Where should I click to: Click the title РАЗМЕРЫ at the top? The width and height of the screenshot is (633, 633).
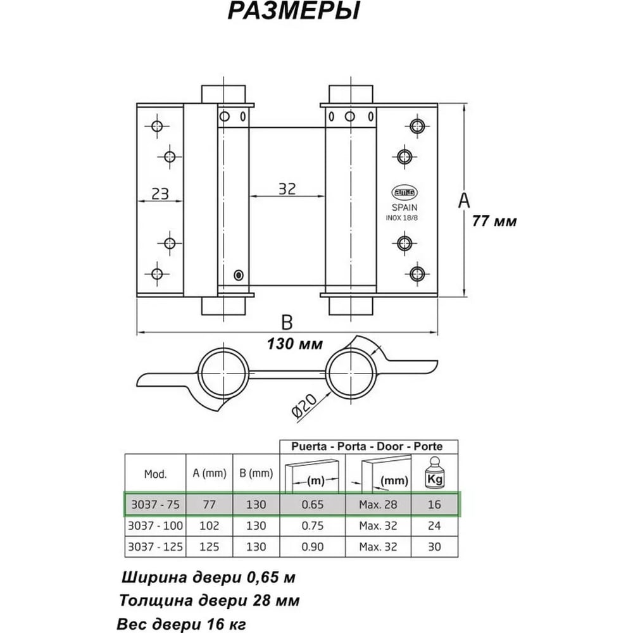click(294, 11)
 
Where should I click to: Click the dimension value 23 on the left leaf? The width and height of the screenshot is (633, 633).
click(160, 194)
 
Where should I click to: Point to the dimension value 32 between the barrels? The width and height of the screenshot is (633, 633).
click(287, 189)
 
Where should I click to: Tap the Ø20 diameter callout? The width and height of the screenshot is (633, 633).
click(304, 405)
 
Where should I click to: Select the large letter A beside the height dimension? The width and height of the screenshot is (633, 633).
click(464, 201)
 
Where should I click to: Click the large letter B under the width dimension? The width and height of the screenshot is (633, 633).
click(287, 323)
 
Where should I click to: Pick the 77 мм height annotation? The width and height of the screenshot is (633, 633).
click(494, 221)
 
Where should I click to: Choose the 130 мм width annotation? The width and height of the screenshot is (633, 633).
click(295, 344)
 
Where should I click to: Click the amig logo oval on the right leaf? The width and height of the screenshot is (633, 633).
click(404, 192)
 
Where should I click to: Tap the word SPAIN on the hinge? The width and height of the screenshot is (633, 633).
click(404, 208)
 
